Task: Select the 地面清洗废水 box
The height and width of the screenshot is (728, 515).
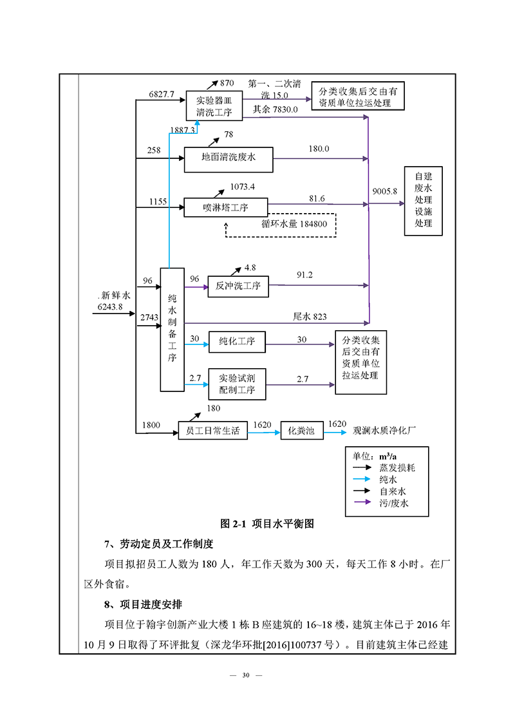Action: (229, 159)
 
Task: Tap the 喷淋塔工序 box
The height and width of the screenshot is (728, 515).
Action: (225, 207)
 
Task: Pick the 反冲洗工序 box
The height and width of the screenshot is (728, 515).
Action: (238, 286)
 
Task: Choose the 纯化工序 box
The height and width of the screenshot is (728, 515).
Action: (237, 341)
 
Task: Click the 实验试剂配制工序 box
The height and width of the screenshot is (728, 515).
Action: (237, 384)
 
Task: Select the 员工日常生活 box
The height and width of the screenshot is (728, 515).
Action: (213, 431)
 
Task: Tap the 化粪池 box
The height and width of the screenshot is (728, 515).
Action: (301, 431)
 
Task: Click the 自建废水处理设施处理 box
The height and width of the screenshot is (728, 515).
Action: (423, 200)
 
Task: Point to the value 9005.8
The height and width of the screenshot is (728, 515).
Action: (385, 191)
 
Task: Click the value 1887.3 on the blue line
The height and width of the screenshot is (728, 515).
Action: (182, 130)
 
